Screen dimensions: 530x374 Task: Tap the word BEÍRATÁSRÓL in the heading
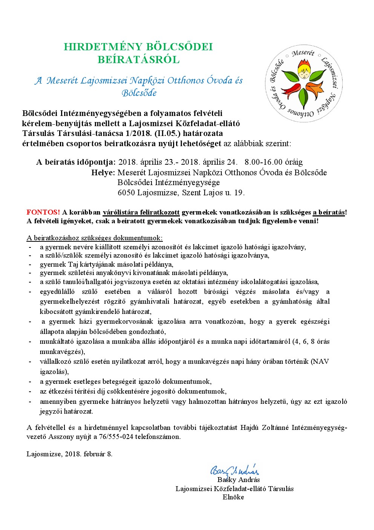(x=138, y=60)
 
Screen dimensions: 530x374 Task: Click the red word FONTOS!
(x=43, y=212)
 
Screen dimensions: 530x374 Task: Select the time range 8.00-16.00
(x=263, y=162)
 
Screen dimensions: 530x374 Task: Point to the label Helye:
(x=103, y=173)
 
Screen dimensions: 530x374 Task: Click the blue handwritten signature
(x=235, y=470)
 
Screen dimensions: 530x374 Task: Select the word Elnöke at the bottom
(x=233, y=497)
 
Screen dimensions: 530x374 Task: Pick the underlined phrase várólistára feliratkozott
(x=141, y=212)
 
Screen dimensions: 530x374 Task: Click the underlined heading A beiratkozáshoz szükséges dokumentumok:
(x=95, y=238)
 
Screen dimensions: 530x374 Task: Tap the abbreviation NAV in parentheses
(x=321, y=362)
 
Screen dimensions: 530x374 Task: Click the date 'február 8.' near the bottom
(x=98, y=454)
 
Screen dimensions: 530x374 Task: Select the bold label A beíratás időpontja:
(x=76, y=162)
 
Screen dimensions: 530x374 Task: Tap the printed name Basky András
(x=239, y=480)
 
